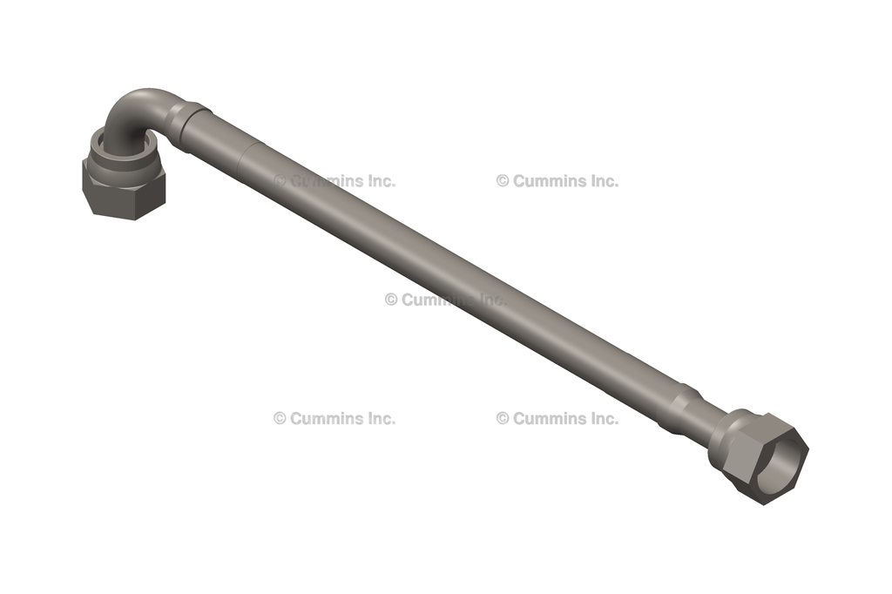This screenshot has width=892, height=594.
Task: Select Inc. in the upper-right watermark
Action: pyautogui.click(x=601, y=181)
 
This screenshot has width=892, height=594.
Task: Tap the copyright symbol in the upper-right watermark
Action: pyautogui.click(x=503, y=181)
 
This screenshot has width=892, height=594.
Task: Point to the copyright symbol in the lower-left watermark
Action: pyautogui.click(x=280, y=418)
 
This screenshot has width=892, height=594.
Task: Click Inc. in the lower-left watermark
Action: pyautogui.click(x=378, y=418)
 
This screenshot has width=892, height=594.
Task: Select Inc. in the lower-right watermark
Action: pyautogui.click(x=601, y=418)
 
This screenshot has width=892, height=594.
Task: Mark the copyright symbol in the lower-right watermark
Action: pyautogui.click(x=503, y=418)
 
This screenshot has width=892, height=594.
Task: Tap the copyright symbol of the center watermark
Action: pyautogui.click(x=391, y=300)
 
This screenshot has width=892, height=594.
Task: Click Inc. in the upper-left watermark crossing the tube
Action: pyautogui.click(x=378, y=181)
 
